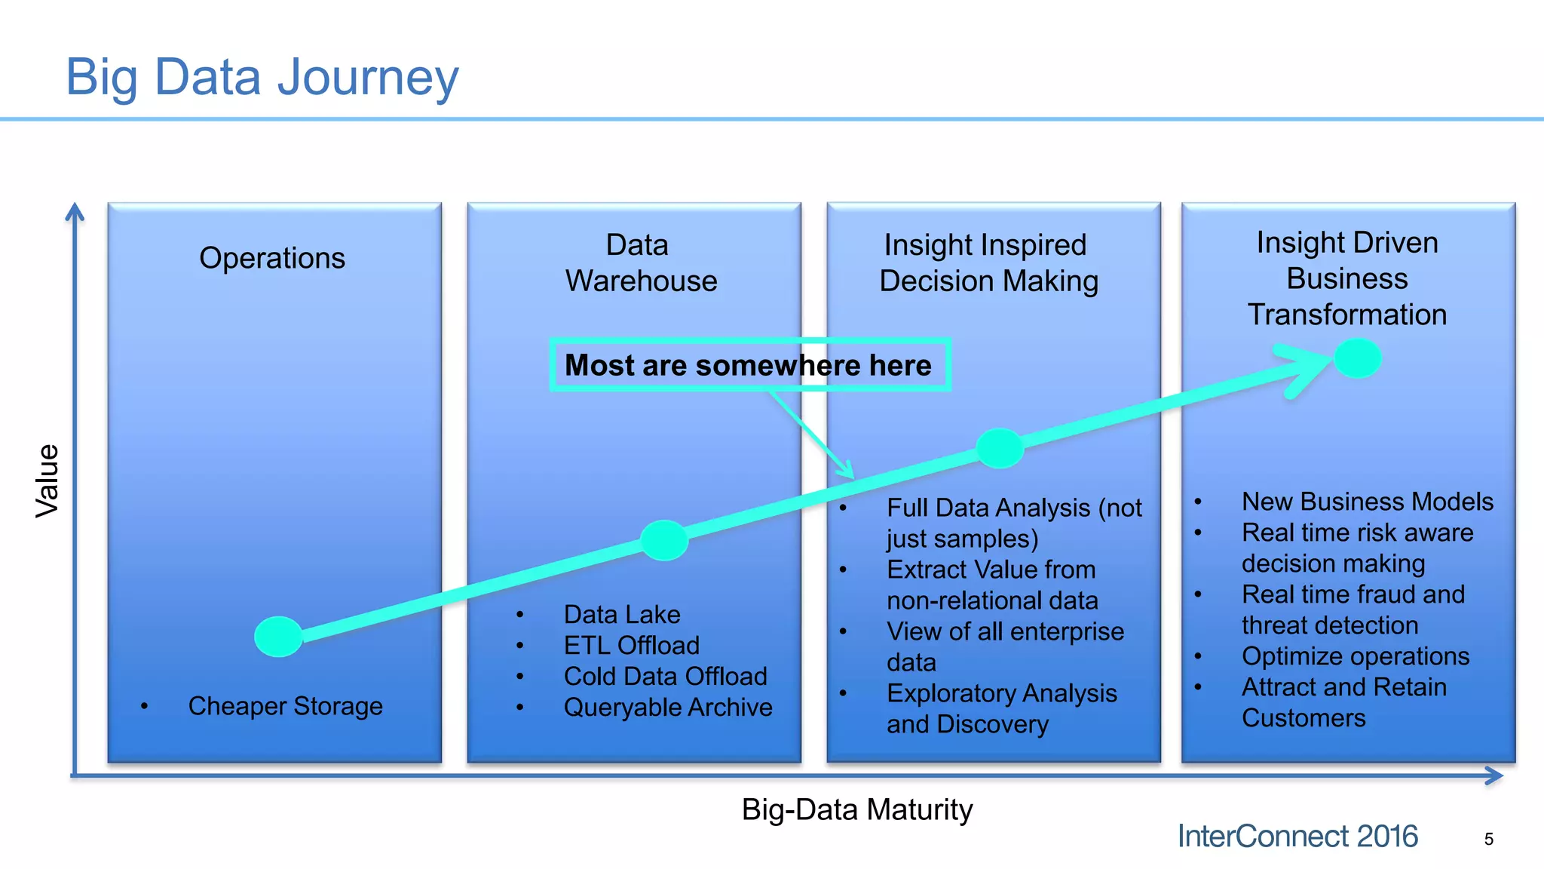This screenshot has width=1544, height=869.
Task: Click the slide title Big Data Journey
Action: tap(262, 77)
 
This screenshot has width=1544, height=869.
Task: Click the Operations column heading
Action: tap(272, 258)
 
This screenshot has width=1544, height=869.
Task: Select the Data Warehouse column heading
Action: tap(641, 263)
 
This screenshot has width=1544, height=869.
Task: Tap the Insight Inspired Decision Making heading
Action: tap(988, 263)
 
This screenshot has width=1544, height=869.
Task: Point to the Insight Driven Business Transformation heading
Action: tap(1347, 278)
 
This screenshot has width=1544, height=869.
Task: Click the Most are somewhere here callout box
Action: tap(749, 365)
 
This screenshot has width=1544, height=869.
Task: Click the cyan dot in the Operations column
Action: tap(278, 636)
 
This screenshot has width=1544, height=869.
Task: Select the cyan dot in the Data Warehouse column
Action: tap(663, 540)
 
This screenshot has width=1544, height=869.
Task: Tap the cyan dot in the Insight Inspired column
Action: tap(1000, 448)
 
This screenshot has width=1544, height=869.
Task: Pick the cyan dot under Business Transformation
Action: tap(1357, 358)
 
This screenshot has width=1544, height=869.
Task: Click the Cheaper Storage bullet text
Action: tap(285, 706)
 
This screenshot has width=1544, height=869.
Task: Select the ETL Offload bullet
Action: tap(631, 646)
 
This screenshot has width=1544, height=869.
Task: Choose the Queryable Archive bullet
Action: tap(667, 708)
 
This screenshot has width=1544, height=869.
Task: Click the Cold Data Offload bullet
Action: tap(665, 677)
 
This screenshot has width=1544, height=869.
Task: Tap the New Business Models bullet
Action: tap(1367, 502)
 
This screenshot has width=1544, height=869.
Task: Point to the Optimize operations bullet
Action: tap(1355, 656)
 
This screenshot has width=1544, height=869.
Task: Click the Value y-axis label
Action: tap(47, 481)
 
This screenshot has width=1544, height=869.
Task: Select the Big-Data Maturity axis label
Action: tap(857, 809)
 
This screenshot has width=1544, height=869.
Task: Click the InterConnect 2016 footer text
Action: tap(1297, 837)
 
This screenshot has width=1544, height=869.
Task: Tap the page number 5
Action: tap(1488, 839)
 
